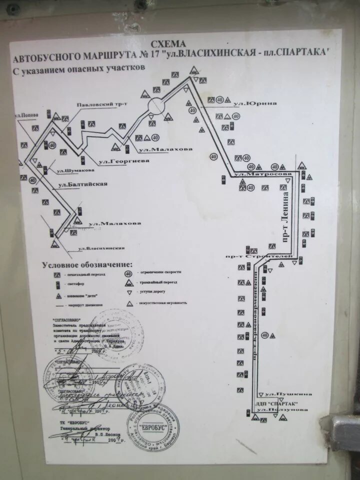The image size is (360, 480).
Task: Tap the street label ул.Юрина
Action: (255, 103)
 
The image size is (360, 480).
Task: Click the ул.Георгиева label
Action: (117, 161)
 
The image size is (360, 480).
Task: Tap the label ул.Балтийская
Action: (83, 184)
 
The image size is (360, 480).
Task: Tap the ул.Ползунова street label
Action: (278, 410)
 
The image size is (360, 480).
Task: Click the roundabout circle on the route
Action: (155, 105)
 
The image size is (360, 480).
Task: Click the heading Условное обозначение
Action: (87, 264)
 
